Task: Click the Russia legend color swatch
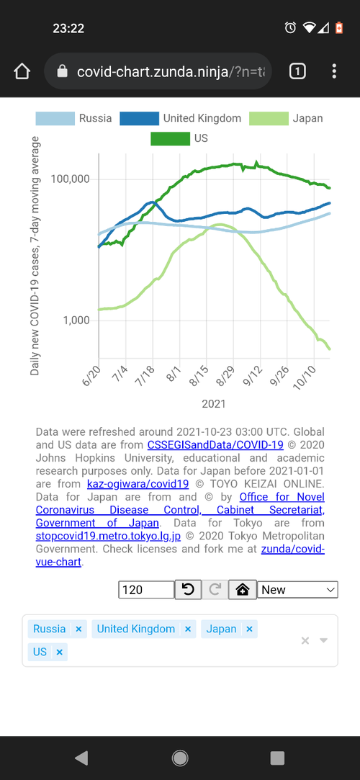point(55,118)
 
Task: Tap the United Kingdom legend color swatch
point(139,118)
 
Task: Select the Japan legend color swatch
point(269,118)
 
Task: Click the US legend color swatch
point(170,138)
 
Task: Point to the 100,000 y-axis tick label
point(70,179)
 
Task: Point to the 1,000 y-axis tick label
point(76,320)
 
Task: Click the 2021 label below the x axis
point(214,404)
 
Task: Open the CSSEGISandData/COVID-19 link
point(215,444)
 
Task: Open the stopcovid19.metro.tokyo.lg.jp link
point(109,537)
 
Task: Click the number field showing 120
point(146,590)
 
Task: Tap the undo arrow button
point(188,590)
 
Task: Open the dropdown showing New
point(298,590)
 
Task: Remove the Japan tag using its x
point(250,629)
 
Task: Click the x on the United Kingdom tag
point(188,629)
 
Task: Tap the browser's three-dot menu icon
point(334,71)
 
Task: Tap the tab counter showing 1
point(297,71)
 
